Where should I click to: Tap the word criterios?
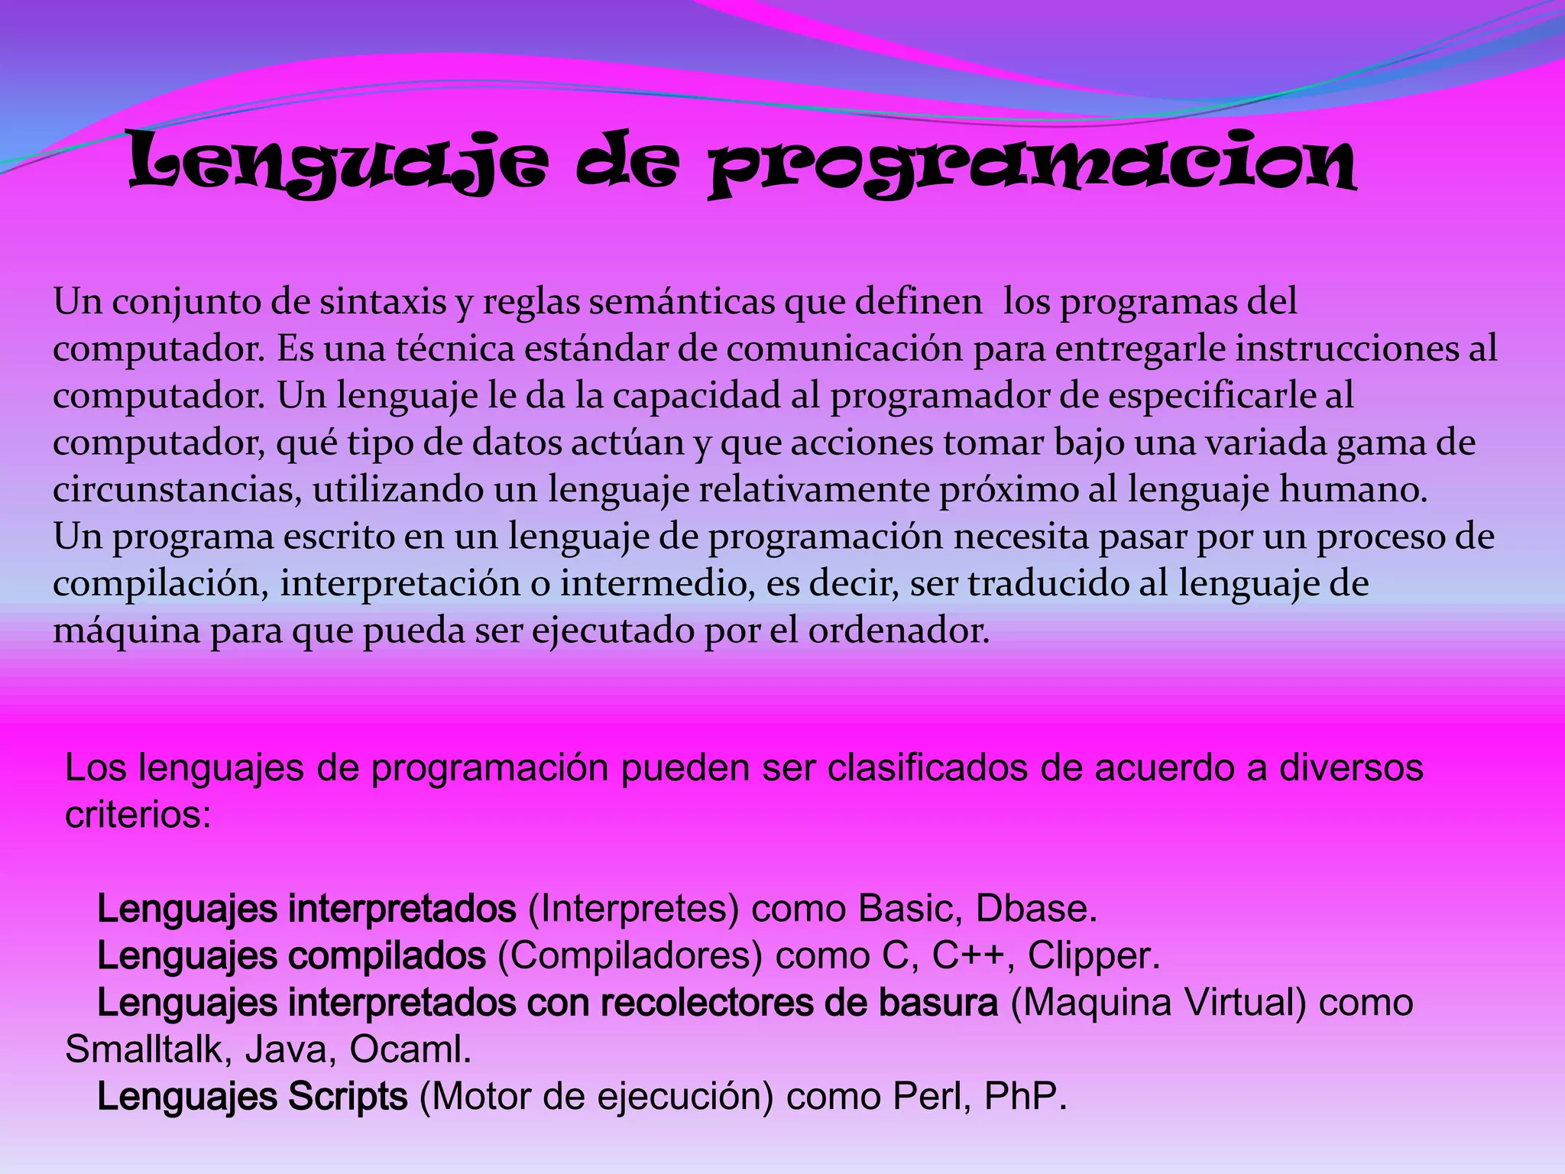[x=138, y=816]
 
